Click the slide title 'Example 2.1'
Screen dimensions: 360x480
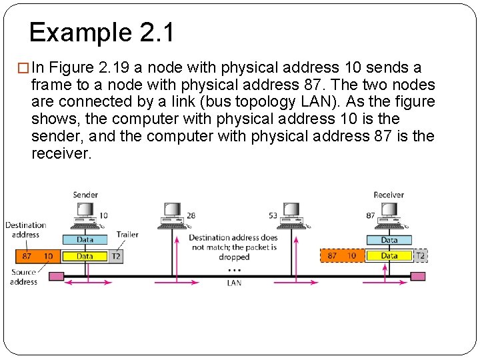pos(101,32)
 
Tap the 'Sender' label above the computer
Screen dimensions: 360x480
pos(85,195)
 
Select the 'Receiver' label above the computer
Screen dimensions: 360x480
pos(389,195)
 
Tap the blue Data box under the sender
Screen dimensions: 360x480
pos(85,239)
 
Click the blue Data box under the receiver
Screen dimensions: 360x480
pos(389,239)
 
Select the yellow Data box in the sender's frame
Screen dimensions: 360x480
pos(85,256)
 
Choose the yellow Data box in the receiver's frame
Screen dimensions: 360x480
pos(389,256)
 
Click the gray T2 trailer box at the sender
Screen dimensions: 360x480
pos(115,256)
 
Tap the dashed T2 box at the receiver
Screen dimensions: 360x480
pos(420,256)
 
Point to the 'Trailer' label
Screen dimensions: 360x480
pos(127,235)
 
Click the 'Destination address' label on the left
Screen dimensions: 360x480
pos(25,230)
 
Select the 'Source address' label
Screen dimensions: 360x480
pos(23,277)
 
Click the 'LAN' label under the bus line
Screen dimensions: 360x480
pos(234,283)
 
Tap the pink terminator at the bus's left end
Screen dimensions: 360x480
pos(57,276)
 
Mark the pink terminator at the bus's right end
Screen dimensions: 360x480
pos(418,276)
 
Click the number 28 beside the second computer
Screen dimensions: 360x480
pos(191,215)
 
